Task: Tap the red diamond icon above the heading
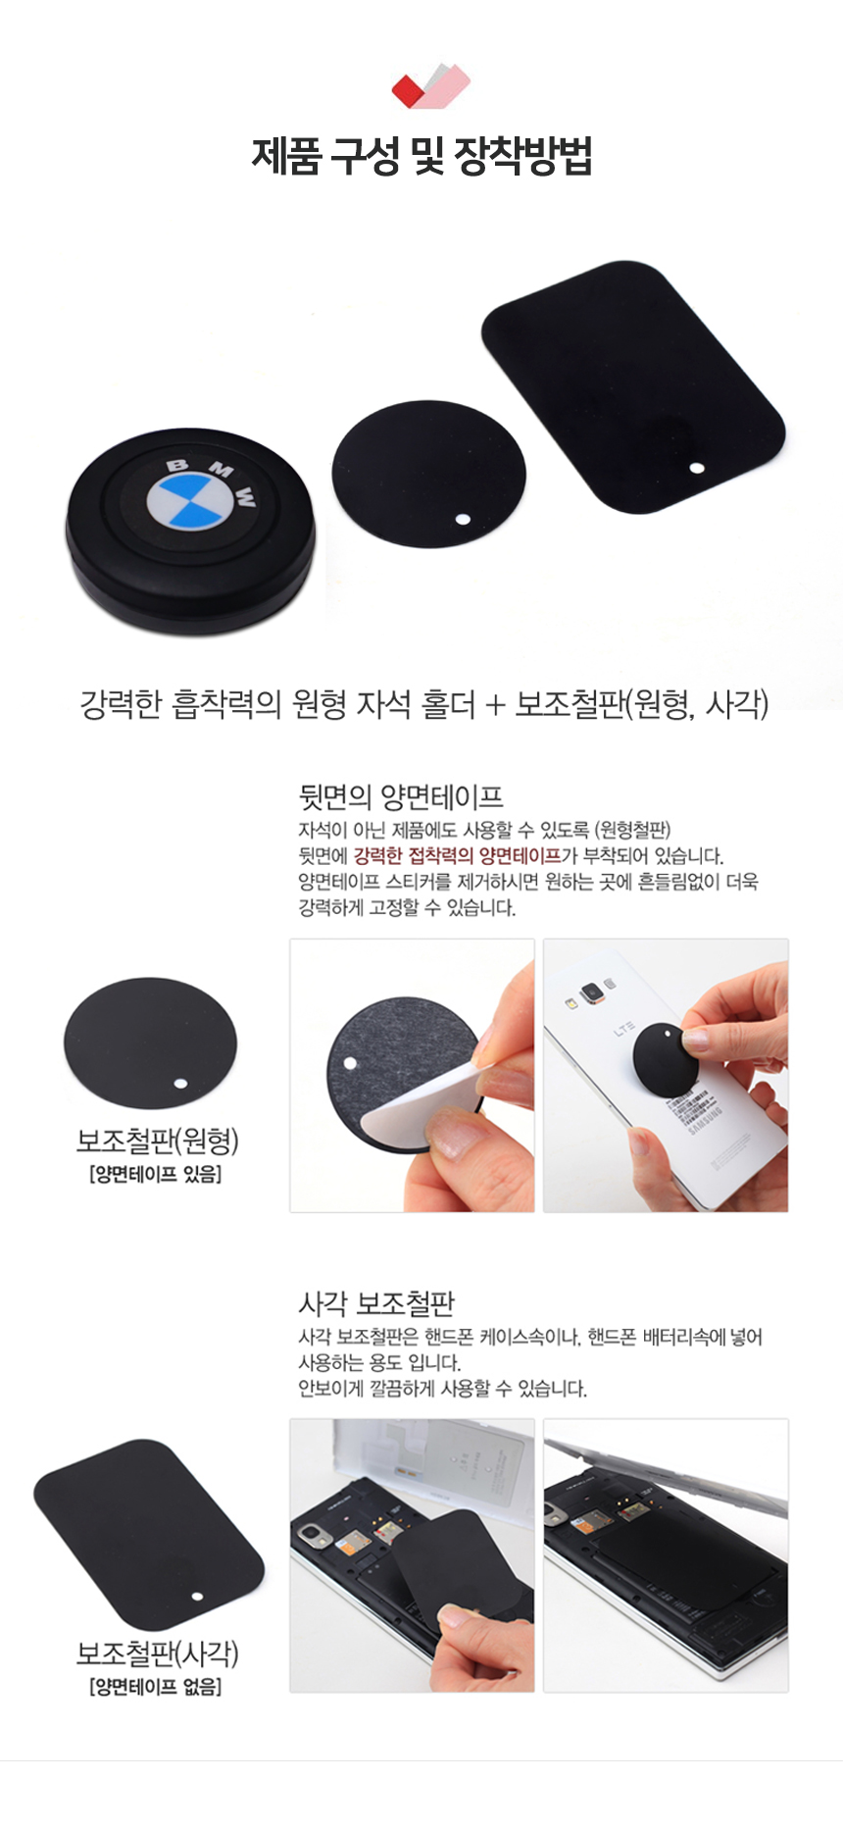click(x=408, y=90)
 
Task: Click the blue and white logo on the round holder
click(x=191, y=501)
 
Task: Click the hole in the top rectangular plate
click(x=696, y=467)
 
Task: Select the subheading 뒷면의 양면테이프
click(x=401, y=797)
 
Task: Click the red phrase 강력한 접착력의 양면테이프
click(x=457, y=855)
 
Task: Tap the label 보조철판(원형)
click(x=158, y=1141)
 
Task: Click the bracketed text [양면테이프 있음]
click(x=155, y=1174)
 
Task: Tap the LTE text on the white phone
click(x=624, y=1030)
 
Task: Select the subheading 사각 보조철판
click(x=376, y=1303)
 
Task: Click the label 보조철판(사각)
click(x=158, y=1653)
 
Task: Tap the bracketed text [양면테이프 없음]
click(x=155, y=1687)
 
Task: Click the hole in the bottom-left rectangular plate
click(x=196, y=1596)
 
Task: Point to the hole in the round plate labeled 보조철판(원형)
click(x=179, y=1083)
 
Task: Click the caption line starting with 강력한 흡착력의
click(x=423, y=703)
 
